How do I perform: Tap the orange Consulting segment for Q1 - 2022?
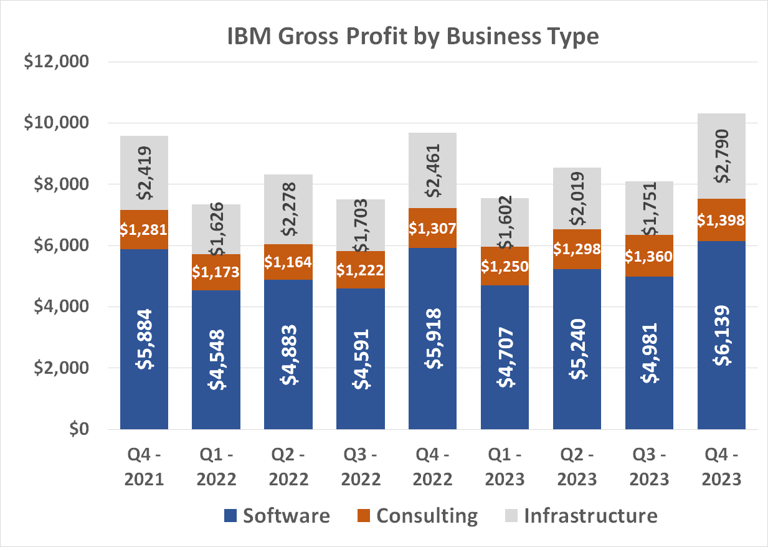click(216, 272)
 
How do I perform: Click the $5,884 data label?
click(145, 339)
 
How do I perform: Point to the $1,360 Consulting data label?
click(649, 256)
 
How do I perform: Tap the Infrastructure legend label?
click(590, 516)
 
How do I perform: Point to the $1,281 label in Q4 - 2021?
click(145, 229)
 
